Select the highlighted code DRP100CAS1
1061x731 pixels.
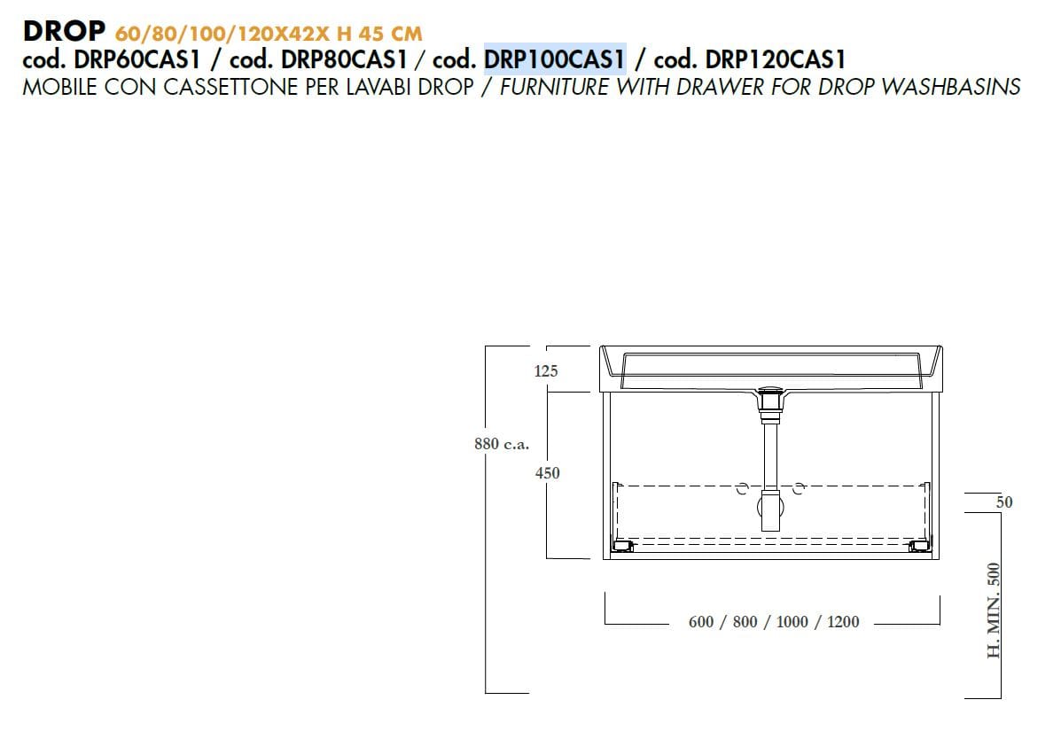(555, 59)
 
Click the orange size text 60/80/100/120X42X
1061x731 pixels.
(215, 34)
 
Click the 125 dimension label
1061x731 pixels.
(546, 371)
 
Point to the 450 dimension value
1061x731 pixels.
(548, 473)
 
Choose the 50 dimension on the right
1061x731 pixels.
(1004, 502)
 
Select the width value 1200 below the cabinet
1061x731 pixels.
(843, 622)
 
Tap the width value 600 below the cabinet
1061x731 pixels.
(701, 622)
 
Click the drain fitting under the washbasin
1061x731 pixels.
(769, 399)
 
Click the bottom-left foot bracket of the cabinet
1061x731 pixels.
(624, 546)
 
